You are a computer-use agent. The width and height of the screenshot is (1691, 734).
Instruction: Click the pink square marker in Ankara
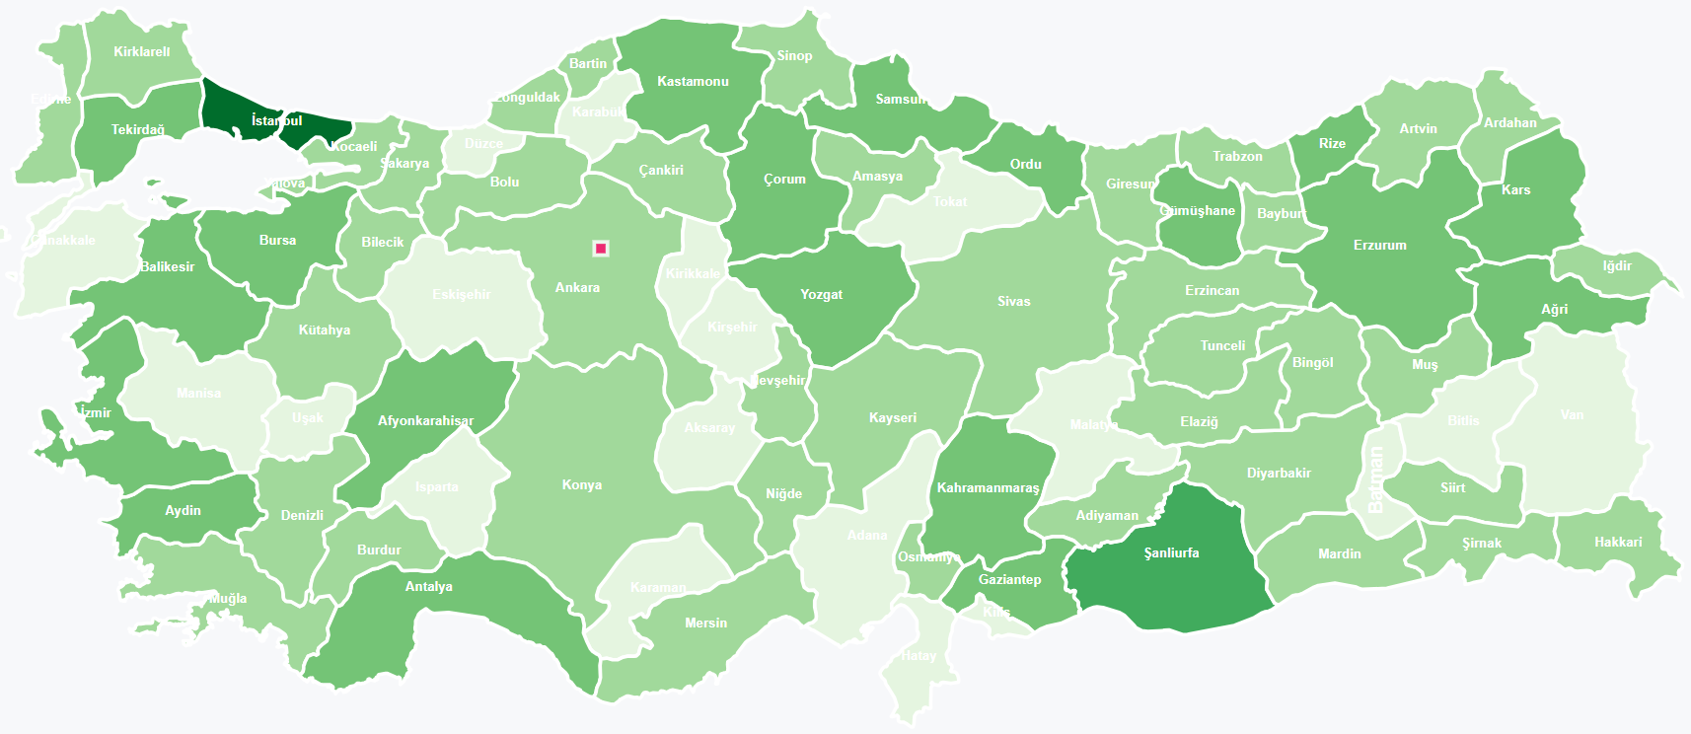[x=600, y=249]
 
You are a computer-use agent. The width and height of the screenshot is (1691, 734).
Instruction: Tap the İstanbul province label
[x=276, y=120]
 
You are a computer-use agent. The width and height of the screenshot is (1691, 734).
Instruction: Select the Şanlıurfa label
[x=1171, y=552]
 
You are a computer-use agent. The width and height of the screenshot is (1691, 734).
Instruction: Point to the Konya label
[x=581, y=484]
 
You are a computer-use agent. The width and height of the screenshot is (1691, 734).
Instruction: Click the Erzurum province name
[x=1379, y=245]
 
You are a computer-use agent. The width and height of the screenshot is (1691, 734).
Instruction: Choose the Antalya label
[x=428, y=586]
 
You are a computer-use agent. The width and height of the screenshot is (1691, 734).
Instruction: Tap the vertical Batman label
[x=1376, y=479]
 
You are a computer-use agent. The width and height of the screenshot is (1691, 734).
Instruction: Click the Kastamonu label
[x=693, y=81]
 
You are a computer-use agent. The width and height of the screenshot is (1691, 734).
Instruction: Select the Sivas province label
[x=1013, y=301]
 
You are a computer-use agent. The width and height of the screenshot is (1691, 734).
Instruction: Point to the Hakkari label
[x=1618, y=542]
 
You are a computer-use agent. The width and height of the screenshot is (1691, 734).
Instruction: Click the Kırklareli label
[x=141, y=51]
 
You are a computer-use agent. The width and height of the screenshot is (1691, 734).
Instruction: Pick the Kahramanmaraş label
[x=988, y=487]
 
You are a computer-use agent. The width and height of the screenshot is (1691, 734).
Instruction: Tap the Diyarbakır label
[x=1279, y=473]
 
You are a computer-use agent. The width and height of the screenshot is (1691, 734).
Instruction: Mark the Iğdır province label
[x=1616, y=265]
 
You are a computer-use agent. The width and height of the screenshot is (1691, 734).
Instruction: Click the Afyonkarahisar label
[x=425, y=420]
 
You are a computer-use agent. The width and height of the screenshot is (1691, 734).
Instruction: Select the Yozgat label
[x=821, y=294]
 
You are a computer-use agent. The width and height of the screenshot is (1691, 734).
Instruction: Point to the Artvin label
[x=1418, y=128]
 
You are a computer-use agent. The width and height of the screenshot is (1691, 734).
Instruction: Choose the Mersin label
[x=705, y=623]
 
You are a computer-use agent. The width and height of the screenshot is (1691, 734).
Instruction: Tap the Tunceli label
[x=1222, y=345]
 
